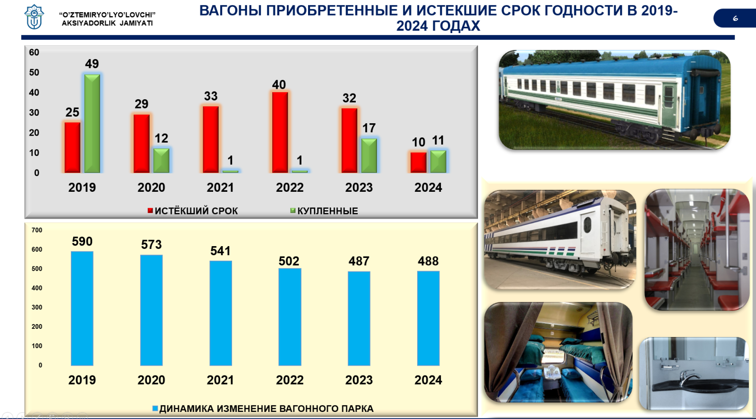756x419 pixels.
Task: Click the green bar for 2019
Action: point(92,123)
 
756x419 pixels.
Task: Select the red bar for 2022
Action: point(280,132)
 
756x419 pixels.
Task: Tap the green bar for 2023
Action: point(369,155)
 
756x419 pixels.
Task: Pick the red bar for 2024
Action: point(419,162)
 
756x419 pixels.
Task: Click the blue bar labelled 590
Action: point(82,308)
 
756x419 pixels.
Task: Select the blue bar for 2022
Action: point(290,317)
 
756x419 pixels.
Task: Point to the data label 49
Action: point(92,64)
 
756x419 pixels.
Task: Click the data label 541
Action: point(220,251)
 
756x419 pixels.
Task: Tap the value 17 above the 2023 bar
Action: point(369,128)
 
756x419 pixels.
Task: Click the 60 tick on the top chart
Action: point(34,52)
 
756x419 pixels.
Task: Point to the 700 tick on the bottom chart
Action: point(37,230)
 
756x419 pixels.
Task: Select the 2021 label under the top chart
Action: point(220,188)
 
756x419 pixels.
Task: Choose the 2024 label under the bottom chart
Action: point(428,380)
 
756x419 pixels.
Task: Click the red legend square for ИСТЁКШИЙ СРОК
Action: point(150,211)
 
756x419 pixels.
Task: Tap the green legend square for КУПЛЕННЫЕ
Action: point(293,211)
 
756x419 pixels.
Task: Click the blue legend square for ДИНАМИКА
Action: point(155,409)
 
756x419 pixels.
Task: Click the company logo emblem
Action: point(34,17)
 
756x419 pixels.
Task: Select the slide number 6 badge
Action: point(735,18)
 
